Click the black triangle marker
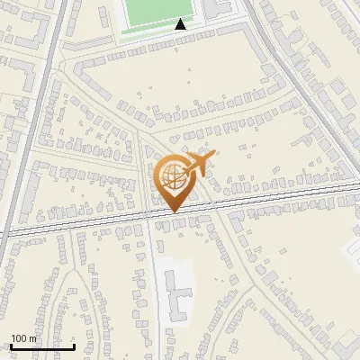pyautogui.click(x=180, y=24)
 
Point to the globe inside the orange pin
pyautogui.click(x=172, y=177)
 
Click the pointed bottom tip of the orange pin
pyautogui.click(x=174, y=211)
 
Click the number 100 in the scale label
pyautogui.click(x=20, y=338)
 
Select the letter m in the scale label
pyautogui.click(x=33, y=338)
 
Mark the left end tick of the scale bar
pyautogui.click(x=10, y=345)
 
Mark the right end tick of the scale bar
pyautogui.click(x=74, y=345)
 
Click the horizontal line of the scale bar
pyautogui.click(x=41, y=346)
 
